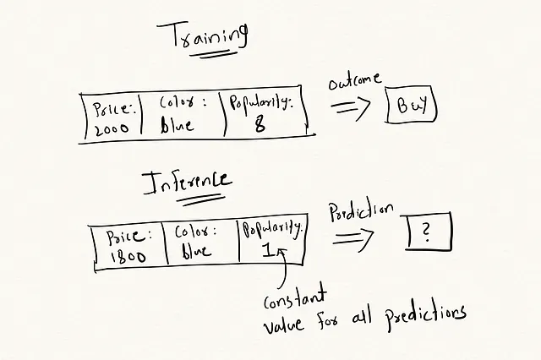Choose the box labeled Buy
tap(411, 106)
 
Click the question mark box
tap(428, 231)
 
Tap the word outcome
tap(356, 83)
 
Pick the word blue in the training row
tap(177, 125)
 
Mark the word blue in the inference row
tap(196, 251)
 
